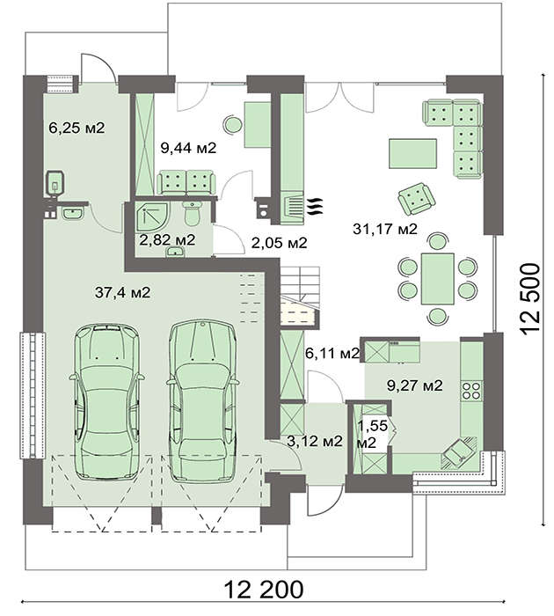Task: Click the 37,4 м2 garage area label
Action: [x=122, y=292]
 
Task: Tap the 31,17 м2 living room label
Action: [x=385, y=229]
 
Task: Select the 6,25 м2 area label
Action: [x=77, y=128]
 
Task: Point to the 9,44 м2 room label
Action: [x=188, y=148]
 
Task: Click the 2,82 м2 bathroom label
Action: [x=167, y=239]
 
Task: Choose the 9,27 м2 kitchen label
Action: [x=414, y=385]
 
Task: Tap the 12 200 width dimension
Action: [x=264, y=590]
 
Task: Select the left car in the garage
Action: [x=106, y=401]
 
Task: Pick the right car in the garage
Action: [x=202, y=400]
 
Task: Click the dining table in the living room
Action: [x=438, y=279]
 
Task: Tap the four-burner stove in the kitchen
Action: [x=471, y=391]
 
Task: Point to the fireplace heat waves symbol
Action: [x=315, y=206]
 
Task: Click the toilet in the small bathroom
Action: [x=192, y=214]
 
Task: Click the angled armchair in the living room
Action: [x=417, y=199]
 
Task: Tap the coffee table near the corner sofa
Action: [x=413, y=154]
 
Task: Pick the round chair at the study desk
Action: [x=233, y=125]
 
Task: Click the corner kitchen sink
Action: [x=459, y=453]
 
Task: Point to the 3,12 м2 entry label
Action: [x=315, y=441]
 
